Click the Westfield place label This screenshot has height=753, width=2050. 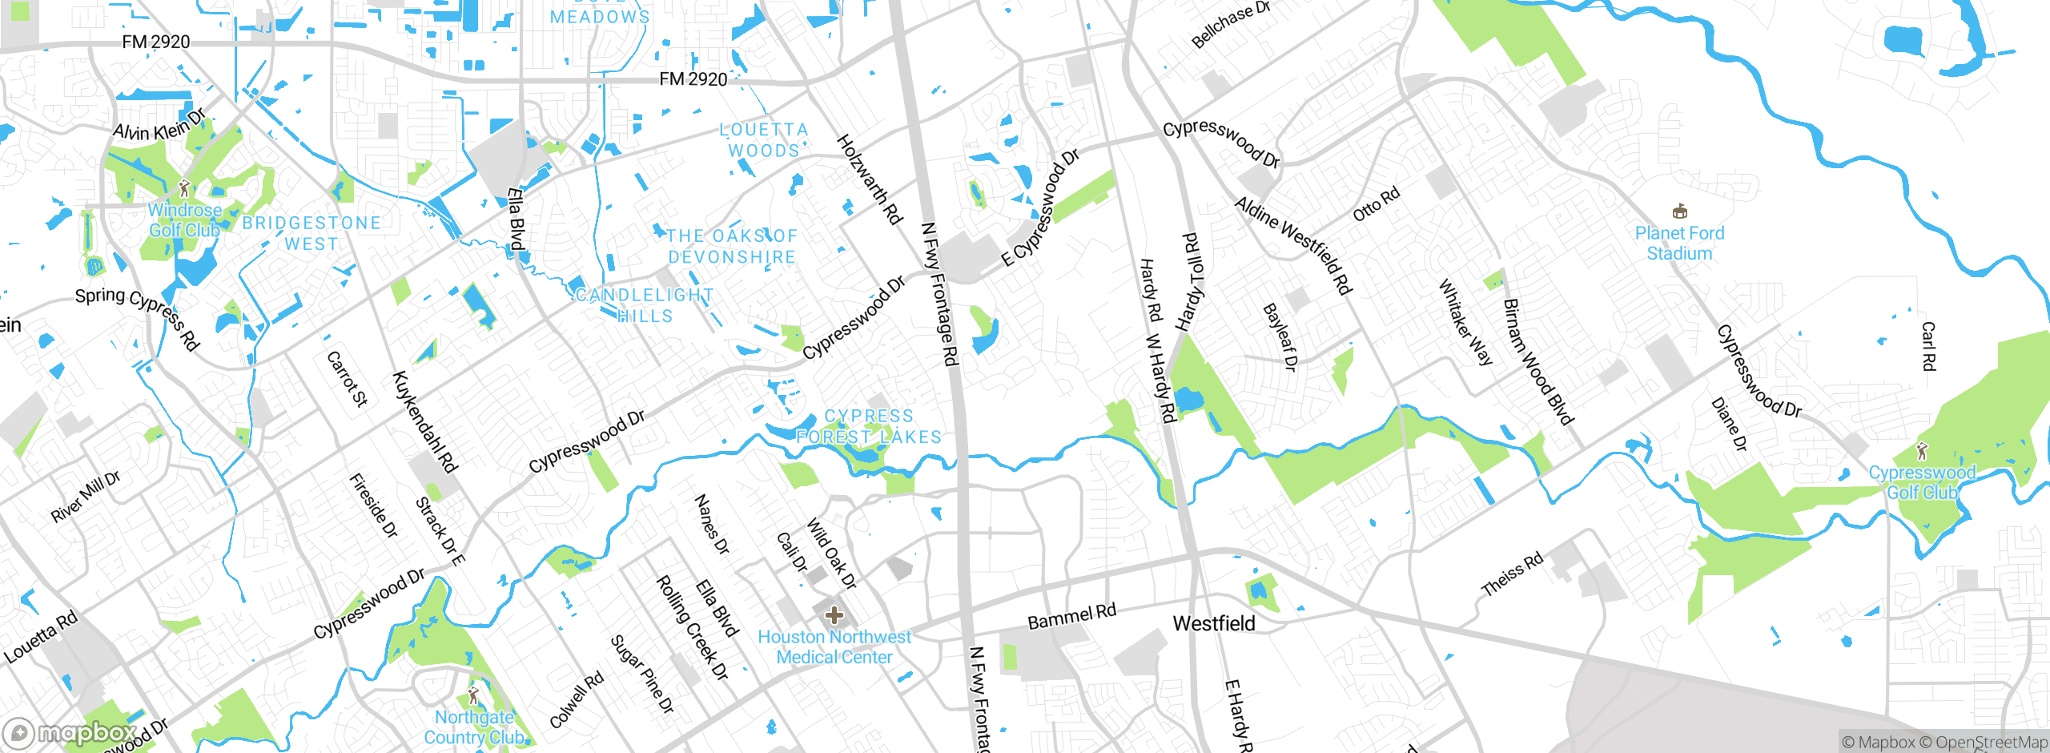(1213, 623)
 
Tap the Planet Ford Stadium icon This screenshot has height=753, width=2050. (1679, 211)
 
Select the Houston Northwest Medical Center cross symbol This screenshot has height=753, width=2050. (834, 615)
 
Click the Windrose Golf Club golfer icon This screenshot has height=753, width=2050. (184, 189)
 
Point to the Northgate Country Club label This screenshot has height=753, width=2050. (474, 727)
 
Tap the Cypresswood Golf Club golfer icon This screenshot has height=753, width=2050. (1922, 452)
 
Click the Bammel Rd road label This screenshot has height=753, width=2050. (1071, 617)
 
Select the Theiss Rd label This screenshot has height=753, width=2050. (1512, 574)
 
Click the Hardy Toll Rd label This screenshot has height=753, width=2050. (1191, 282)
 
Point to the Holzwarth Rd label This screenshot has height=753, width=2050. (870, 179)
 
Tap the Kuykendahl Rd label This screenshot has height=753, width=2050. (424, 422)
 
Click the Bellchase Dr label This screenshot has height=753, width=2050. (1230, 24)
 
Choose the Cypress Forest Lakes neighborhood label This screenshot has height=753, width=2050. (869, 426)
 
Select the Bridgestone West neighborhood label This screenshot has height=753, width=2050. (312, 233)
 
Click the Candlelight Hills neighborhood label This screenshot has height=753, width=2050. (645, 305)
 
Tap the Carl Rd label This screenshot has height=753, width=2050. (1928, 346)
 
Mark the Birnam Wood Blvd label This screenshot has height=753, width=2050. (1537, 361)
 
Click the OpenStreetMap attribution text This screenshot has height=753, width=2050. (1992, 743)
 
